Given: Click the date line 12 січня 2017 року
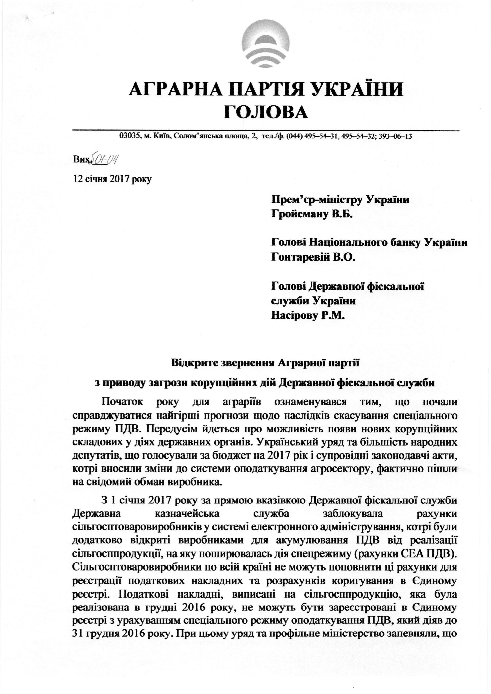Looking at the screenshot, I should click(112, 179).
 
